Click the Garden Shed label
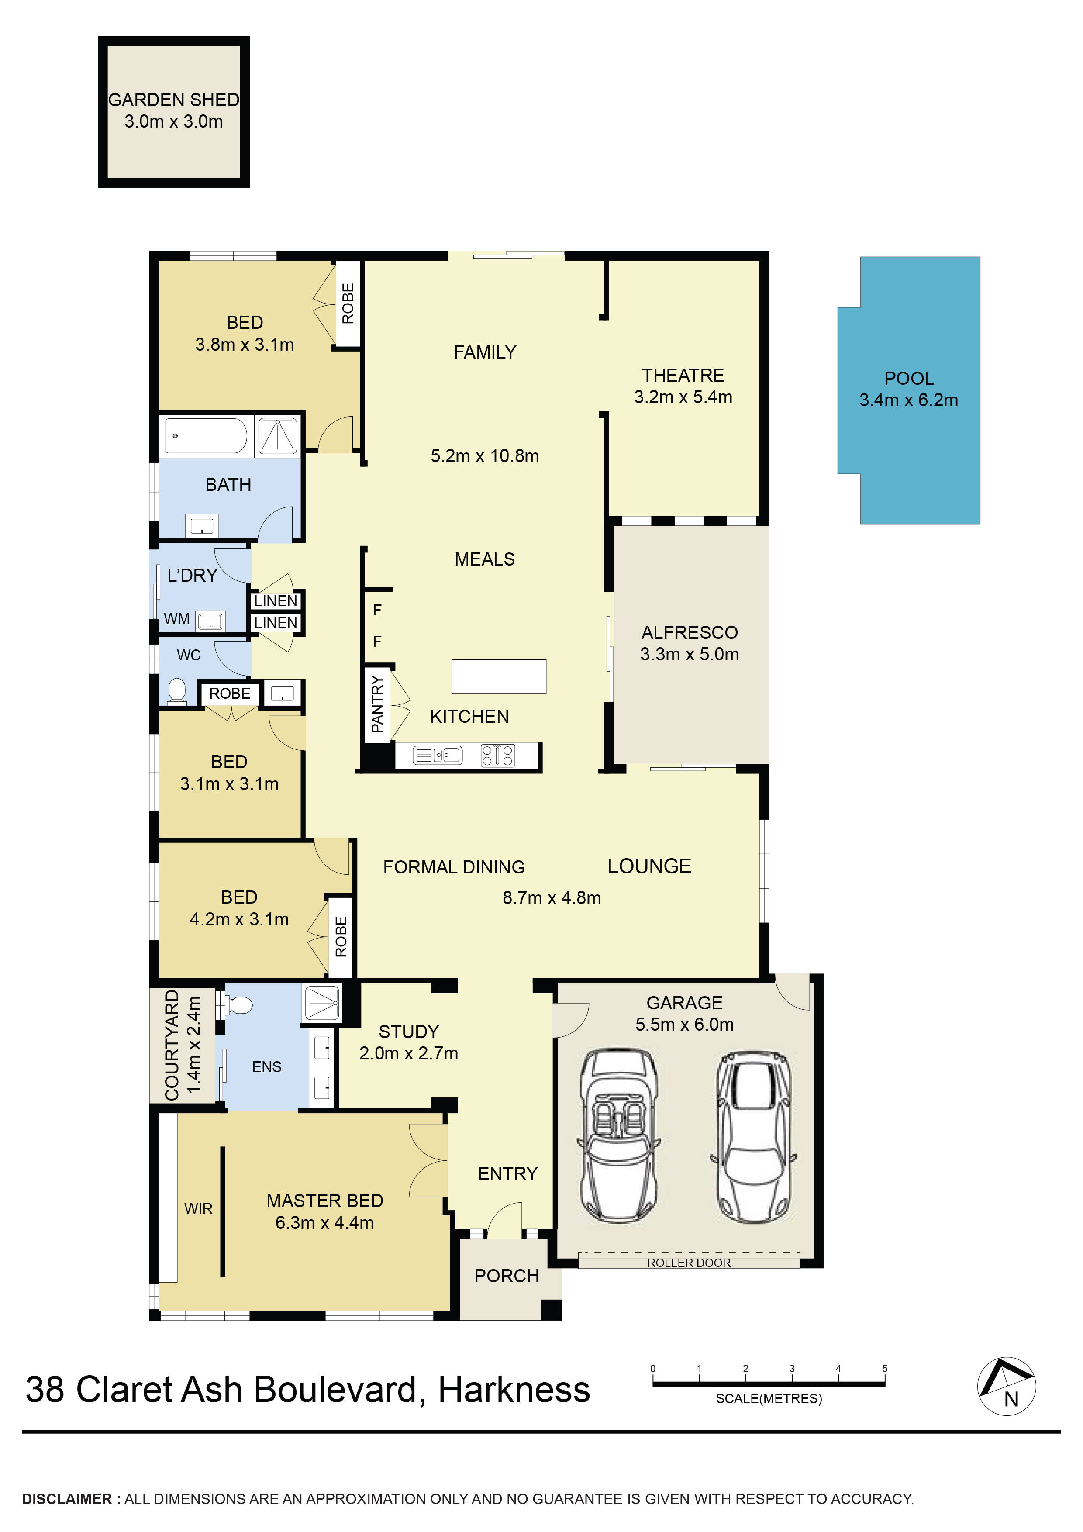tap(173, 100)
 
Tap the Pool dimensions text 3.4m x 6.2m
tap(908, 400)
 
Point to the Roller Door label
tap(689, 1263)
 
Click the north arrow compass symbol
tap(1006, 1386)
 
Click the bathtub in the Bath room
tap(206, 436)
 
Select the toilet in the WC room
tap(177, 691)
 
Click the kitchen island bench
tap(498, 676)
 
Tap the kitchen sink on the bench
tap(438, 756)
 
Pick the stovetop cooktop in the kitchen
tap(498, 756)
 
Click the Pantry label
tap(377, 704)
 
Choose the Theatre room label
tap(683, 375)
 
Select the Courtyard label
tap(172, 1045)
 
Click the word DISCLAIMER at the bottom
tap(67, 1499)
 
